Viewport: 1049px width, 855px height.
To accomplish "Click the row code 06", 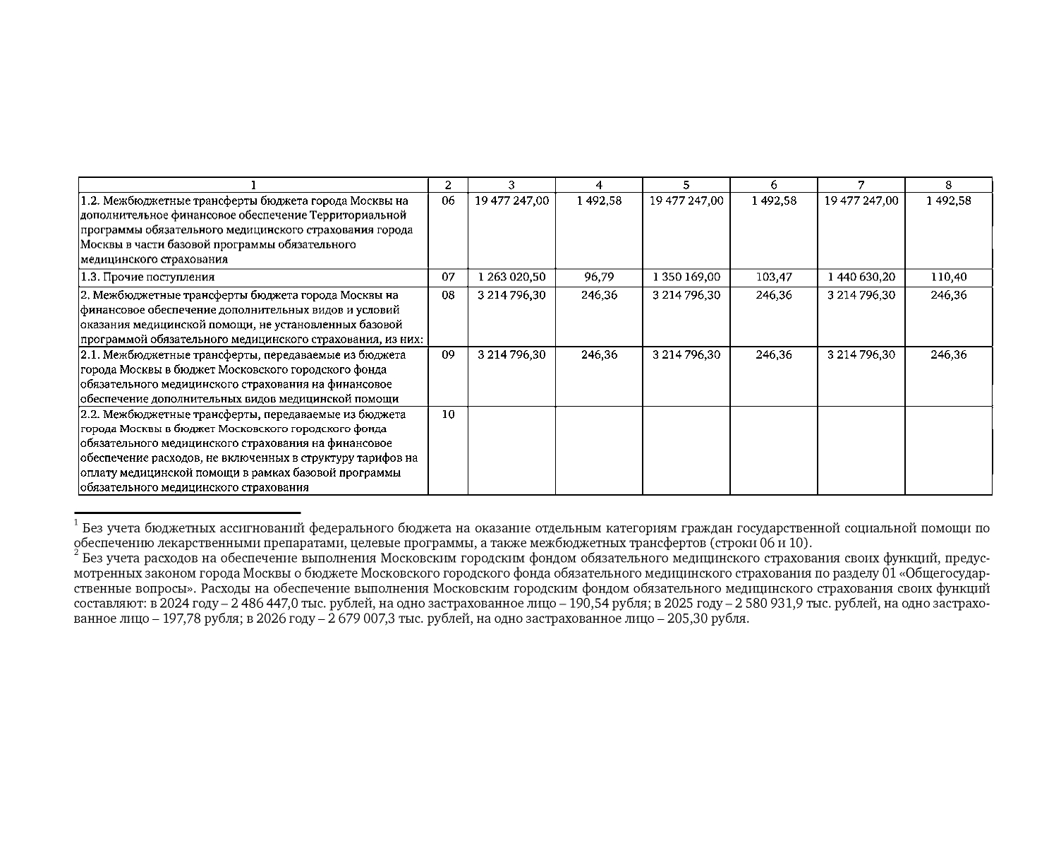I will (x=448, y=201).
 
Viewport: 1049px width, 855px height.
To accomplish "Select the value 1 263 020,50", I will (x=511, y=277).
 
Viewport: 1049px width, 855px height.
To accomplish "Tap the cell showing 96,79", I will (x=599, y=277).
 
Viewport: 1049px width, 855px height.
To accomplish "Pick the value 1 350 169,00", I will (x=686, y=277).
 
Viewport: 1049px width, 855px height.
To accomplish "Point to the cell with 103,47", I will (x=774, y=277).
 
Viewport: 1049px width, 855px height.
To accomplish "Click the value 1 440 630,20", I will (x=861, y=277).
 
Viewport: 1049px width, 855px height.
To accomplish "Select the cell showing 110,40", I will (x=948, y=277).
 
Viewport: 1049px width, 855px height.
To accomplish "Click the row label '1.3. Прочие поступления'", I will (x=147, y=277).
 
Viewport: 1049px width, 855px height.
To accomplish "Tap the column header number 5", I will (x=686, y=185).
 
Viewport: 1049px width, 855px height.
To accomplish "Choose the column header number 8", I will (x=948, y=185).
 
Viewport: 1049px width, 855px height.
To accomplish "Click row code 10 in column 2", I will (x=448, y=414).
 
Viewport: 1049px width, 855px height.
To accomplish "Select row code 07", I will (x=448, y=277).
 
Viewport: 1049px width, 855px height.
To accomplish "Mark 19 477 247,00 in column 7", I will (x=861, y=201).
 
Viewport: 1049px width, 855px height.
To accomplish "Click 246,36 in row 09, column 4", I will (x=599, y=354).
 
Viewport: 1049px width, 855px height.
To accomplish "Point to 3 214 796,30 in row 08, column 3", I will (x=511, y=295).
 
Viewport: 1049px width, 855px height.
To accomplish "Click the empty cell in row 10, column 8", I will (x=948, y=450).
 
